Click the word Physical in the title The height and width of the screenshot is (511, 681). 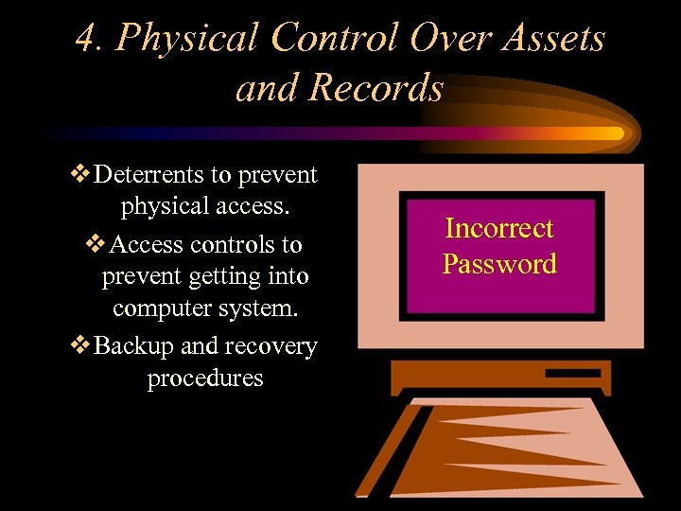185,39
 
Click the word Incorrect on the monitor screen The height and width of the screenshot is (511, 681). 499,228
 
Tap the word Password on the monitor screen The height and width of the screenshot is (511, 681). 499,263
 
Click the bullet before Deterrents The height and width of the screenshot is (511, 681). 81,175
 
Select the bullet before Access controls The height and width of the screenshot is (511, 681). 96,244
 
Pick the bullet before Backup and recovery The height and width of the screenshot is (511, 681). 81,346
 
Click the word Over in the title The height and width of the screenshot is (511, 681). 443,39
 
